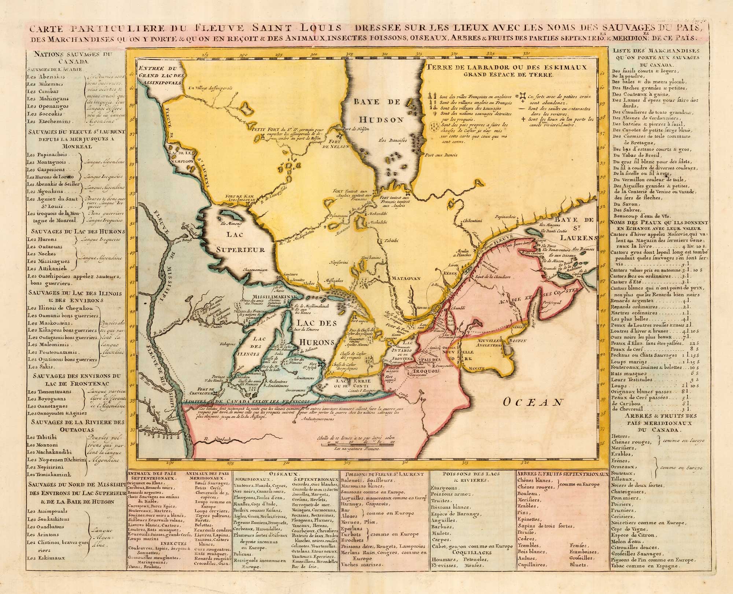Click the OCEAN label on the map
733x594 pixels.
[533, 402]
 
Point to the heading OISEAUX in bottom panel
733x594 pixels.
[287, 474]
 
